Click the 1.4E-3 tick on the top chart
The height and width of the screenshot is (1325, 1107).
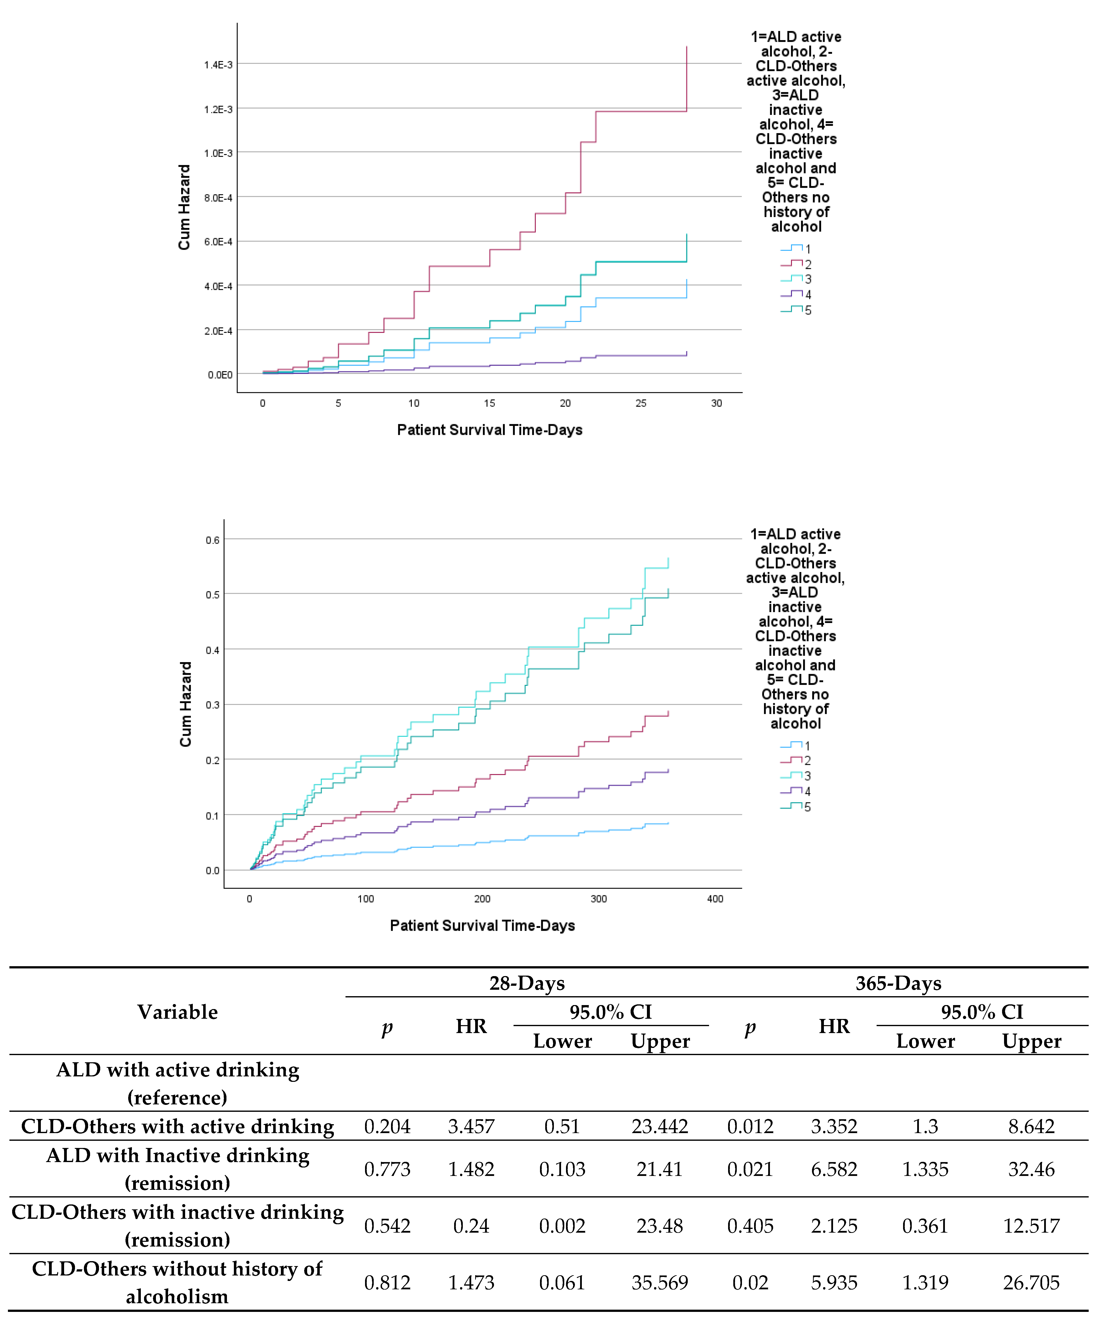pyautogui.click(x=218, y=65)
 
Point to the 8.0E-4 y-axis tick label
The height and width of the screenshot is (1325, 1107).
pyautogui.click(x=218, y=198)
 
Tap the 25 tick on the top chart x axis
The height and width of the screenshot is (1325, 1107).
pyautogui.click(x=641, y=403)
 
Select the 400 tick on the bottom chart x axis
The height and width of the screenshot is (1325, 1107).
pyautogui.click(x=715, y=898)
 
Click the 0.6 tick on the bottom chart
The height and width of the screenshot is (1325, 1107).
pyautogui.click(x=213, y=540)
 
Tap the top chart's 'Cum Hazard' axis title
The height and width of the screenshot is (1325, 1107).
pyautogui.click(x=184, y=208)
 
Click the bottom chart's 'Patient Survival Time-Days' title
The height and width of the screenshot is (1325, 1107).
pyautogui.click(x=483, y=926)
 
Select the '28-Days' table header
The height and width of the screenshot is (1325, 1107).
pyautogui.click(x=527, y=983)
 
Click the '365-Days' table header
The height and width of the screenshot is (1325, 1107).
pyautogui.click(x=898, y=983)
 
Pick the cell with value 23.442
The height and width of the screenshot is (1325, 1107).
pyautogui.click(x=660, y=1126)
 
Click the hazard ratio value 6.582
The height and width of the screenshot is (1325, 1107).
pyautogui.click(x=834, y=1169)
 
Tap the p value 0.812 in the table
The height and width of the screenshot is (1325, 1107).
pyautogui.click(x=387, y=1283)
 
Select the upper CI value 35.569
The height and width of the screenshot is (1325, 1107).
pyautogui.click(x=660, y=1283)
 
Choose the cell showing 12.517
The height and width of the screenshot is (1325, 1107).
pyautogui.click(x=1031, y=1226)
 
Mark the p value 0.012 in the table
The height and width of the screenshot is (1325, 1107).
pyautogui.click(x=750, y=1126)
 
